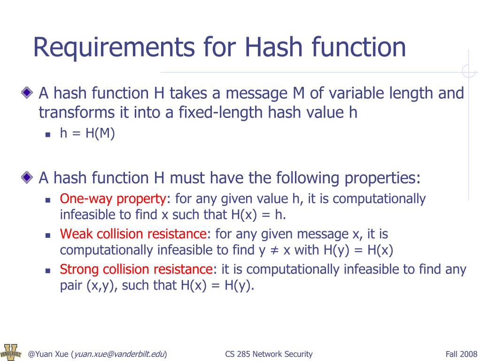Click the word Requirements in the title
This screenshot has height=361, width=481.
[x=113, y=47]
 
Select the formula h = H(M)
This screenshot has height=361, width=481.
[x=87, y=133]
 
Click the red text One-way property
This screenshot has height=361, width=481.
[x=113, y=199]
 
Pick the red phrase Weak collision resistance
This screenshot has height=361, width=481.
[x=133, y=234]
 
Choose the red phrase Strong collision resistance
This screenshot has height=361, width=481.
[x=136, y=269]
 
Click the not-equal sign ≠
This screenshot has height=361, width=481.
[x=274, y=250]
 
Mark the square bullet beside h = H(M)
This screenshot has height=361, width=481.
[x=48, y=134]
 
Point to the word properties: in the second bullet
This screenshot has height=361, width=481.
[x=383, y=179]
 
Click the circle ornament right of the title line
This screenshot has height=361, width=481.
[x=469, y=71]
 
